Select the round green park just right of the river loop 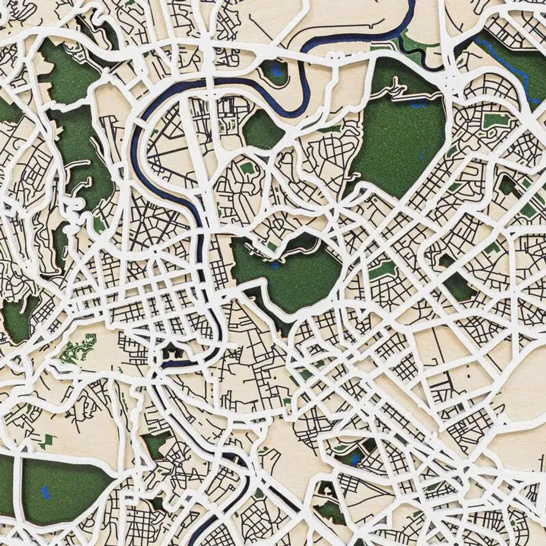(263, 129)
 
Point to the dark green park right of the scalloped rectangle (459, 287)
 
